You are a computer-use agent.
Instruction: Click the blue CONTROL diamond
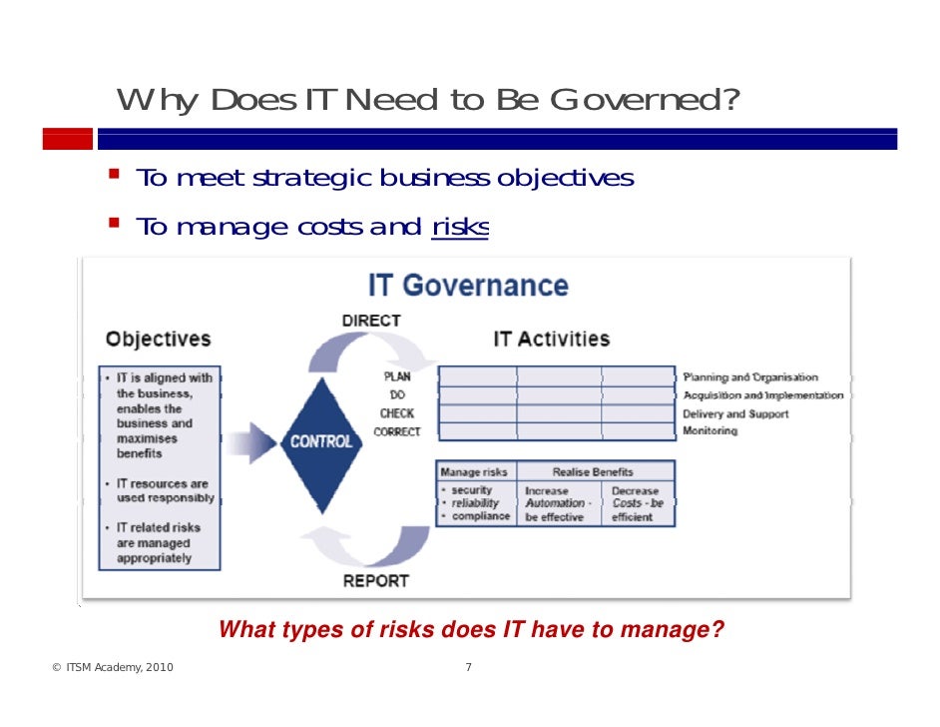coord(320,440)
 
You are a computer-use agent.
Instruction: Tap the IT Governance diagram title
coord(468,286)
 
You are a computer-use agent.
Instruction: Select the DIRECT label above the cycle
coord(371,321)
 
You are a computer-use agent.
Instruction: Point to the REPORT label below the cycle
coord(376,580)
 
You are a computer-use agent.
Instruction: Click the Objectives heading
coord(159,339)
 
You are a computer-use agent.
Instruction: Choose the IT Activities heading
coord(551,339)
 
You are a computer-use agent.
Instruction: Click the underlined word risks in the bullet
coord(459,228)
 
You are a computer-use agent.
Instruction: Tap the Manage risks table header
coord(474,471)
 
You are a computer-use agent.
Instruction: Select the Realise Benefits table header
coord(593,471)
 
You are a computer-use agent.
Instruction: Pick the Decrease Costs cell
coord(636,504)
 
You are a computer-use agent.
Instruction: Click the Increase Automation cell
coord(558,504)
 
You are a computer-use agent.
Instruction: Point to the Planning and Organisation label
coord(750,377)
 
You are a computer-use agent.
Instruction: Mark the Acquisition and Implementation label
coord(763,395)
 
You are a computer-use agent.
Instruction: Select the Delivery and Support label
coord(735,413)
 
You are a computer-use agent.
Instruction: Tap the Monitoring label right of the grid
coord(710,431)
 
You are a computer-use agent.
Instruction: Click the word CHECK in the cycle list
coord(396,413)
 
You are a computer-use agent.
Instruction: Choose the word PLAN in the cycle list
coord(396,377)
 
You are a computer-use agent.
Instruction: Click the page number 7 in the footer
coord(469,668)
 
